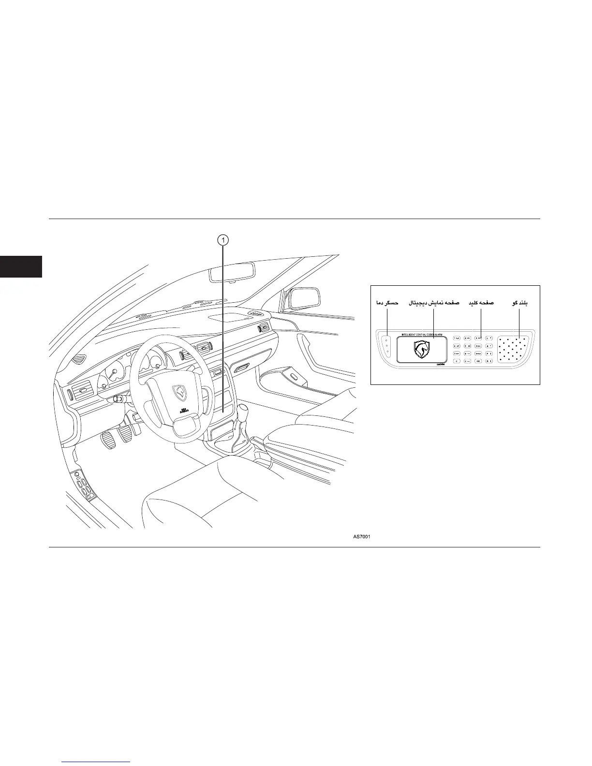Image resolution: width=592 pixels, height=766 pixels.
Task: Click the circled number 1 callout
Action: [222, 239]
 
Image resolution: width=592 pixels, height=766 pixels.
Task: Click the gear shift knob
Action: [244, 413]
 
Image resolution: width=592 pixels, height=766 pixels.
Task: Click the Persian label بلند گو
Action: [520, 303]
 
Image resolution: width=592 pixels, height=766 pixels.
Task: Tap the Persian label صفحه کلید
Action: [480, 303]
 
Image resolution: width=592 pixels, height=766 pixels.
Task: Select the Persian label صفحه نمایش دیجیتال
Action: [434, 303]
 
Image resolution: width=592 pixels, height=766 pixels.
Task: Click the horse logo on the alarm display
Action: [422, 349]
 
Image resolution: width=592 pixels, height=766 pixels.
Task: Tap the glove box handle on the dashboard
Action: [242, 368]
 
